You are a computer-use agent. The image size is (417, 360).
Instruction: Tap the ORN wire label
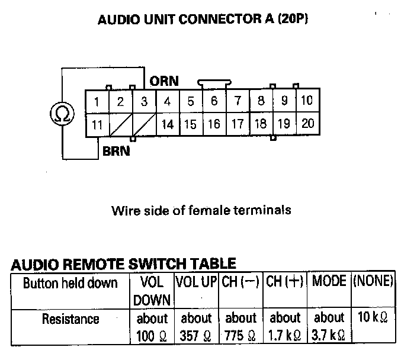click(x=164, y=81)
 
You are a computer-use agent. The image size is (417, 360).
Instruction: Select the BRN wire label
click(x=116, y=151)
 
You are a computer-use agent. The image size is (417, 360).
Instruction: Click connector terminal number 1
click(x=97, y=102)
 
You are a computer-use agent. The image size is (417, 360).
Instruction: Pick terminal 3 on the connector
click(x=144, y=102)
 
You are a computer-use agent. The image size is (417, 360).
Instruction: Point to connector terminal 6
click(x=214, y=101)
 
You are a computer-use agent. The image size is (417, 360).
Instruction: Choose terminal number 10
click(x=306, y=101)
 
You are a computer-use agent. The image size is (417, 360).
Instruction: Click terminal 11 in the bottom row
click(x=97, y=124)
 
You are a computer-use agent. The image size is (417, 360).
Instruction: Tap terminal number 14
click(x=168, y=124)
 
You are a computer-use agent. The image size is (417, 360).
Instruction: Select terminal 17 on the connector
click(x=237, y=124)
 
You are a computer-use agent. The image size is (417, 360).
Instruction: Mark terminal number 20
click(x=307, y=124)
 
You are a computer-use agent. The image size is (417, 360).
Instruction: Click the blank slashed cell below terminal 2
click(x=120, y=124)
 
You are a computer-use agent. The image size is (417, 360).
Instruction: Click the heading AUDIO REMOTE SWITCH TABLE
click(x=123, y=264)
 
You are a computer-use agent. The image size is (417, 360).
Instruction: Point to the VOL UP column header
click(x=196, y=282)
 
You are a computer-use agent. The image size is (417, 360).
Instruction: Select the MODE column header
click(x=329, y=281)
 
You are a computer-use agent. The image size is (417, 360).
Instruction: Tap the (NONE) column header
click(x=373, y=281)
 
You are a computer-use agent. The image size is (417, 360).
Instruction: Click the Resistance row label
click(x=70, y=319)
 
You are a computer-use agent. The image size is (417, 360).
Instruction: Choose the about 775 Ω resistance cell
click(x=241, y=327)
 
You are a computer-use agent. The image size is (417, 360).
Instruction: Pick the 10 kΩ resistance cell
click(x=373, y=318)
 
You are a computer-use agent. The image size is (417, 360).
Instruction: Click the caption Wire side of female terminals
click(x=201, y=210)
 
